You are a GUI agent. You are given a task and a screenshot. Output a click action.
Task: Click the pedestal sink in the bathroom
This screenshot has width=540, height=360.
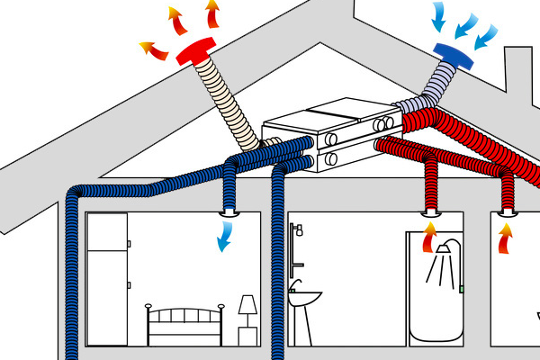[306, 306]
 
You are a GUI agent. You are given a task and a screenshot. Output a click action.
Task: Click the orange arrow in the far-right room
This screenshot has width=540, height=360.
[507, 239]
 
